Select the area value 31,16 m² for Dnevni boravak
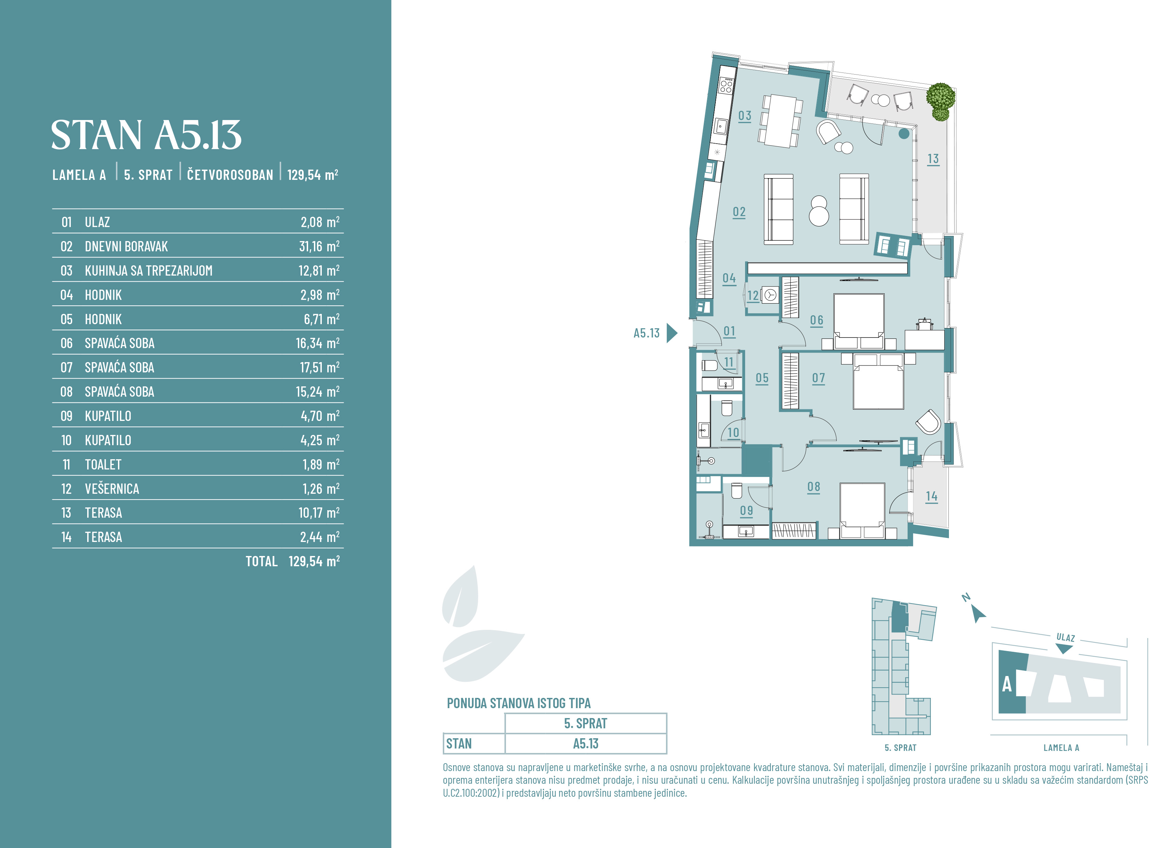coord(319,247)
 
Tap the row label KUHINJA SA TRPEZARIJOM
coord(148,270)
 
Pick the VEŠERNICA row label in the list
coord(112,489)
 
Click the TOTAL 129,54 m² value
coord(293,561)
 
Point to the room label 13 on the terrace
coord(933,159)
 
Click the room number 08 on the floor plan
coord(814,487)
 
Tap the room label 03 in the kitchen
coord(745,116)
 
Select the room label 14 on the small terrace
coord(932,496)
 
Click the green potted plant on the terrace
coord(941,101)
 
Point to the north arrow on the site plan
coord(978,614)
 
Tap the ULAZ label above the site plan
coord(1066,638)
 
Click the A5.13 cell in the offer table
coord(586,744)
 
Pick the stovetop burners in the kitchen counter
coord(726,85)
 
